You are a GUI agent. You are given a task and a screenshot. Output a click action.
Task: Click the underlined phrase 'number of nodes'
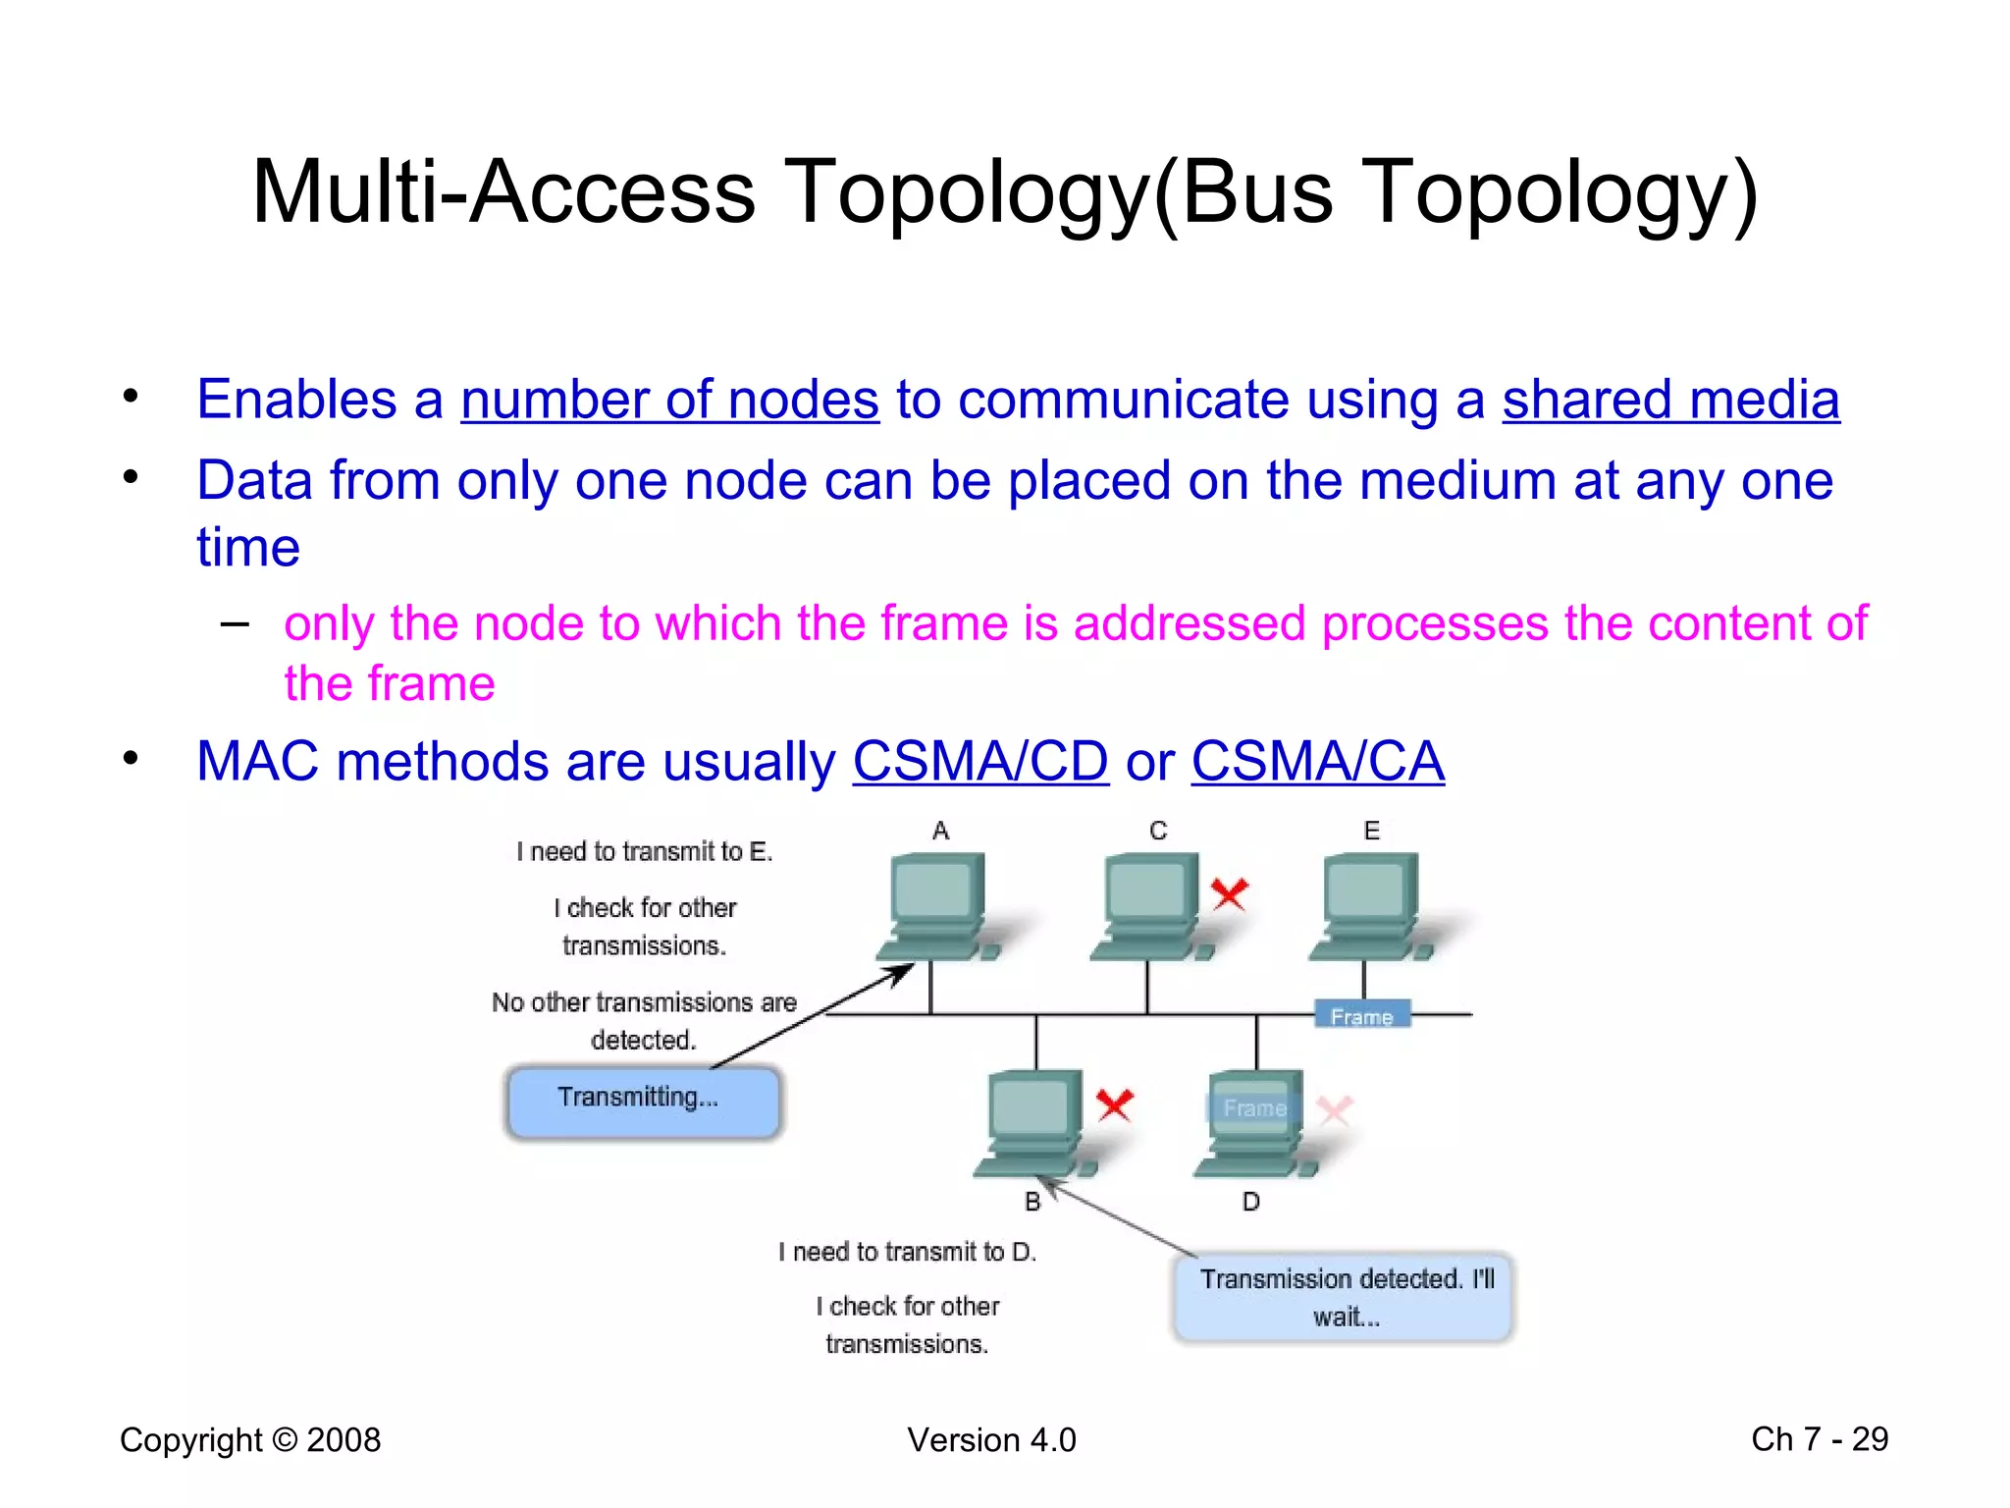tap(669, 401)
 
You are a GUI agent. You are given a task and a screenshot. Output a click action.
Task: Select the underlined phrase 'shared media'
tap(1670, 401)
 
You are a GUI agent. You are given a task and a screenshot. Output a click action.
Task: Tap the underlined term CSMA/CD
tap(980, 762)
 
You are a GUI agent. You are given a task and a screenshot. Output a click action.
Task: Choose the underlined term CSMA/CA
tap(1317, 762)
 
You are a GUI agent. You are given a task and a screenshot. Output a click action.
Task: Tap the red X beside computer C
tap(1229, 893)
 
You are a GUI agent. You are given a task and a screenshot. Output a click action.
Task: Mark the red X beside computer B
tap(1114, 1105)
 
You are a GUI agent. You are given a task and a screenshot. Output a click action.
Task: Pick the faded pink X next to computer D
tap(1334, 1110)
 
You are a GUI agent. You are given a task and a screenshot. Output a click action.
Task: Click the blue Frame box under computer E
tap(1362, 1015)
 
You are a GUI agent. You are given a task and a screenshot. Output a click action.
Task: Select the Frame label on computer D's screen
tap(1253, 1108)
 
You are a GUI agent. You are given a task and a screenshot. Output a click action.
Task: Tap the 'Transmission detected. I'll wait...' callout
tap(1345, 1297)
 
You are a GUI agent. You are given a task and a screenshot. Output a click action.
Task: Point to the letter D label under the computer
tap(1250, 1202)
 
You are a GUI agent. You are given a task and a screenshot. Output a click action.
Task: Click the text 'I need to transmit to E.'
tap(645, 851)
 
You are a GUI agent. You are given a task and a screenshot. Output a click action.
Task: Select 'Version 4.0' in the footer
tap(991, 1440)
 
